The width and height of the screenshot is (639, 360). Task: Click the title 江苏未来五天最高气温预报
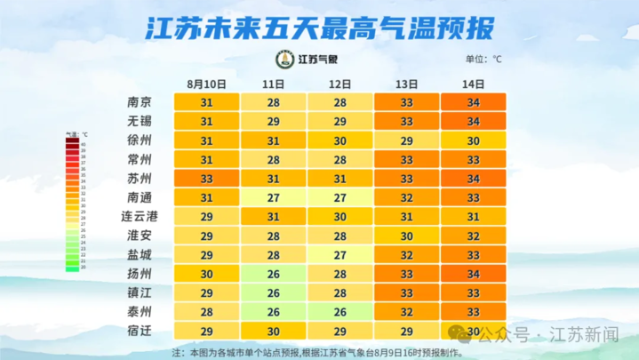click(x=319, y=28)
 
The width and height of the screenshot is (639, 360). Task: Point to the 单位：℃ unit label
click(x=483, y=60)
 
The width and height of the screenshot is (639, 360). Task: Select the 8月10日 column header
click(x=205, y=84)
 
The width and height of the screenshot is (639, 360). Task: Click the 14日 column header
click(x=473, y=84)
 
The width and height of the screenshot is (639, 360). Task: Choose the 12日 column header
click(x=339, y=84)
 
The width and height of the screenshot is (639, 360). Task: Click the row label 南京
click(x=140, y=102)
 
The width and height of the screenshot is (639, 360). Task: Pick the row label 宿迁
click(x=140, y=331)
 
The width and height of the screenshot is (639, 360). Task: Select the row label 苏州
click(x=140, y=178)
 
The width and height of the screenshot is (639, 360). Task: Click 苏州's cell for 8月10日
click(x=206, y=178)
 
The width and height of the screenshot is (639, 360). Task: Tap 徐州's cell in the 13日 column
click(x=406, y=140)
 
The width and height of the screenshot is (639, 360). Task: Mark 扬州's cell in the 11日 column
click(x=273, y=274)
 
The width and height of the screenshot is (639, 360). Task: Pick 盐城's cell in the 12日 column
click(x=339, y=254)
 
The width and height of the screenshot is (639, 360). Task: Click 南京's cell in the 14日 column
click(x=473, y=102)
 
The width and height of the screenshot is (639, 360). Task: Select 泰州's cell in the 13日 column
click(x=406, y=312)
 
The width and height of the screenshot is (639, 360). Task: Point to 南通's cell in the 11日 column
click(x=273, y=197)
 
